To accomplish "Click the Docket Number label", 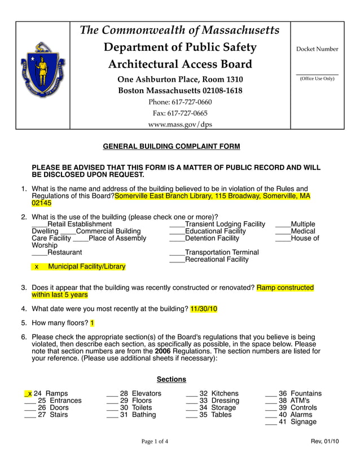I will click(x=317, y=49).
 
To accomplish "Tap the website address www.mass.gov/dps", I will click(x=180, y=124).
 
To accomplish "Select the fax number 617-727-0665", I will click(x=180, y=113).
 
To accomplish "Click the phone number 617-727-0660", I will click(x=180, y=102).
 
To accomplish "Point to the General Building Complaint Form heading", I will click(x=171, y=147).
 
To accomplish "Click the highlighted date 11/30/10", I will click(x=204, y=309).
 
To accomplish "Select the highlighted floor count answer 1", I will click(x=92, y=323).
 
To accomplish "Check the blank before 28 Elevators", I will click(x=112, y=394).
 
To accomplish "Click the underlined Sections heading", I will click(x=171, y=380).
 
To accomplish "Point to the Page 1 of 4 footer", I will click(x=155, y=441).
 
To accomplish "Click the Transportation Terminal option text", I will click(x=222, y=252).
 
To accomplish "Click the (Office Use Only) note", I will click(x=317, y=78).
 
